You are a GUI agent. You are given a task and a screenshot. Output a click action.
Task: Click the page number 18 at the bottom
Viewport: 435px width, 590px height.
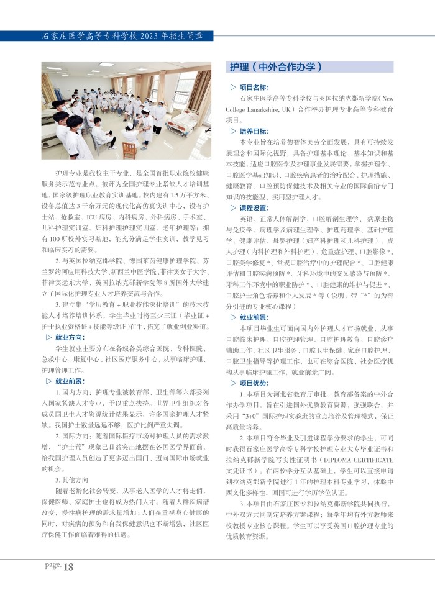point(68,567)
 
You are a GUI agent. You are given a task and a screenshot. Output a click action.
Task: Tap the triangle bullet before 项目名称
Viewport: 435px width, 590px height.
point(233,88)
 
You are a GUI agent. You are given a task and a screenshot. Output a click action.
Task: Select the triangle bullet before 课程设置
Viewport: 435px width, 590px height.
point(233,208)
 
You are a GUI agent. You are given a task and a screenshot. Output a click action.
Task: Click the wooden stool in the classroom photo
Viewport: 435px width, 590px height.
point(129,150)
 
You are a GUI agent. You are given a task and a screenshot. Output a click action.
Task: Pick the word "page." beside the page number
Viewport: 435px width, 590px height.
point(52,565)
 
